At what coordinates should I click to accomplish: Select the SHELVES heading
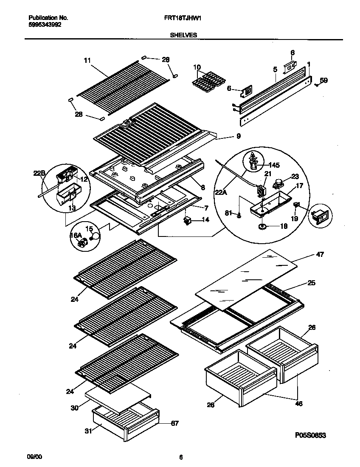(183, 36)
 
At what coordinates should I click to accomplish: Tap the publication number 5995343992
(45, 25)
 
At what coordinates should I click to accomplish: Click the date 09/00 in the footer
(35, 457)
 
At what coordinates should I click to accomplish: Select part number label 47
(320, 254)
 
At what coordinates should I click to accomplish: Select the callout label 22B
(39, 173)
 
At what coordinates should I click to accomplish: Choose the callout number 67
(174, 423)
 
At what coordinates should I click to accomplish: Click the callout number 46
(298, 404)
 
